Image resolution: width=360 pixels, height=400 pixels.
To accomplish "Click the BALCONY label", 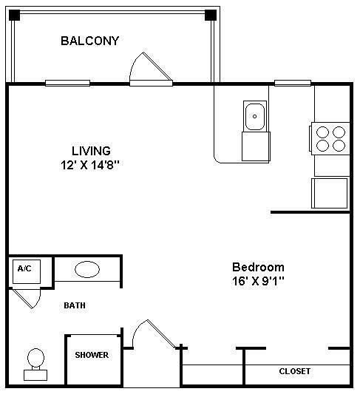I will [x=89, y=41].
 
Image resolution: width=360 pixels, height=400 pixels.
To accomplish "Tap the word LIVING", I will [x=91, y=151].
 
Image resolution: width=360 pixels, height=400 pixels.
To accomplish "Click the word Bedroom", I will [x=258, y=267].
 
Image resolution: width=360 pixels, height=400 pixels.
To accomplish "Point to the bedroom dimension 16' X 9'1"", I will [x=258, y=281].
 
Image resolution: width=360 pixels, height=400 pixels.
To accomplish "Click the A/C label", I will [x=24, y=268].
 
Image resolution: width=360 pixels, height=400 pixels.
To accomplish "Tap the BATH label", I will [x=75, y=305].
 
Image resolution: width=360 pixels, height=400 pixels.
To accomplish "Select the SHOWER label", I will [x=92, y=356].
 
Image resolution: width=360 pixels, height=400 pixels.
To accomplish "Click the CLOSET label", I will [x=294, y=371].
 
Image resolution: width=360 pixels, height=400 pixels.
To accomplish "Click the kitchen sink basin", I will [x=255, y=116].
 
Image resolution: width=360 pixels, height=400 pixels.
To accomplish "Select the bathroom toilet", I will [x=35, y=362].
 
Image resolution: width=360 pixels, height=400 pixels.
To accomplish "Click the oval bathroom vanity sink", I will [x=88, y=269].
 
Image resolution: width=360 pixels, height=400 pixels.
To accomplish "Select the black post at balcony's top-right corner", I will [x=211, y=15].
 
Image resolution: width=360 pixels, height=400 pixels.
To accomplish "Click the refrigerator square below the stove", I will [x=330, y=193].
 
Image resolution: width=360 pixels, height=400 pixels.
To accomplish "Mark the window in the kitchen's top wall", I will [x=292, y=83].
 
